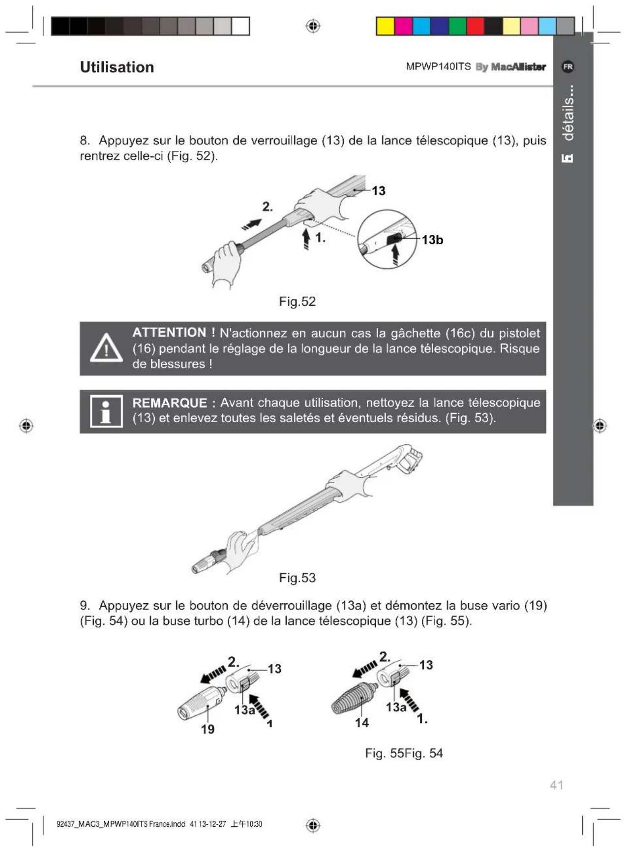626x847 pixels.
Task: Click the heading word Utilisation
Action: (117, 67)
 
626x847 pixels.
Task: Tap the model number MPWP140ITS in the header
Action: (438, 66)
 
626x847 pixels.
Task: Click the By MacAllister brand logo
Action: (510, 67)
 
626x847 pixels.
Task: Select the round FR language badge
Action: (568, 66)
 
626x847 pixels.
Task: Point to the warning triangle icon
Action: (106, 348)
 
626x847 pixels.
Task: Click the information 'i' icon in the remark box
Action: (106, 411)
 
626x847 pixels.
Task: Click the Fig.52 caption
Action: (297, 301)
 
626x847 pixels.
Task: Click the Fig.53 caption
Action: (297, 578)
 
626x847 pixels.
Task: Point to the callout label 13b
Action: (432, 240)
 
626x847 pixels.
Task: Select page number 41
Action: (556, 785)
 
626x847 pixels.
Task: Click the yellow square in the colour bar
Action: (386, 26)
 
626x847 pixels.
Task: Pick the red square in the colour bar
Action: (476, 26)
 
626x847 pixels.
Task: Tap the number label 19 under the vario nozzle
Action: (208, 730)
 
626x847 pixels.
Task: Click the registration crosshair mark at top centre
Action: (313, 26)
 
